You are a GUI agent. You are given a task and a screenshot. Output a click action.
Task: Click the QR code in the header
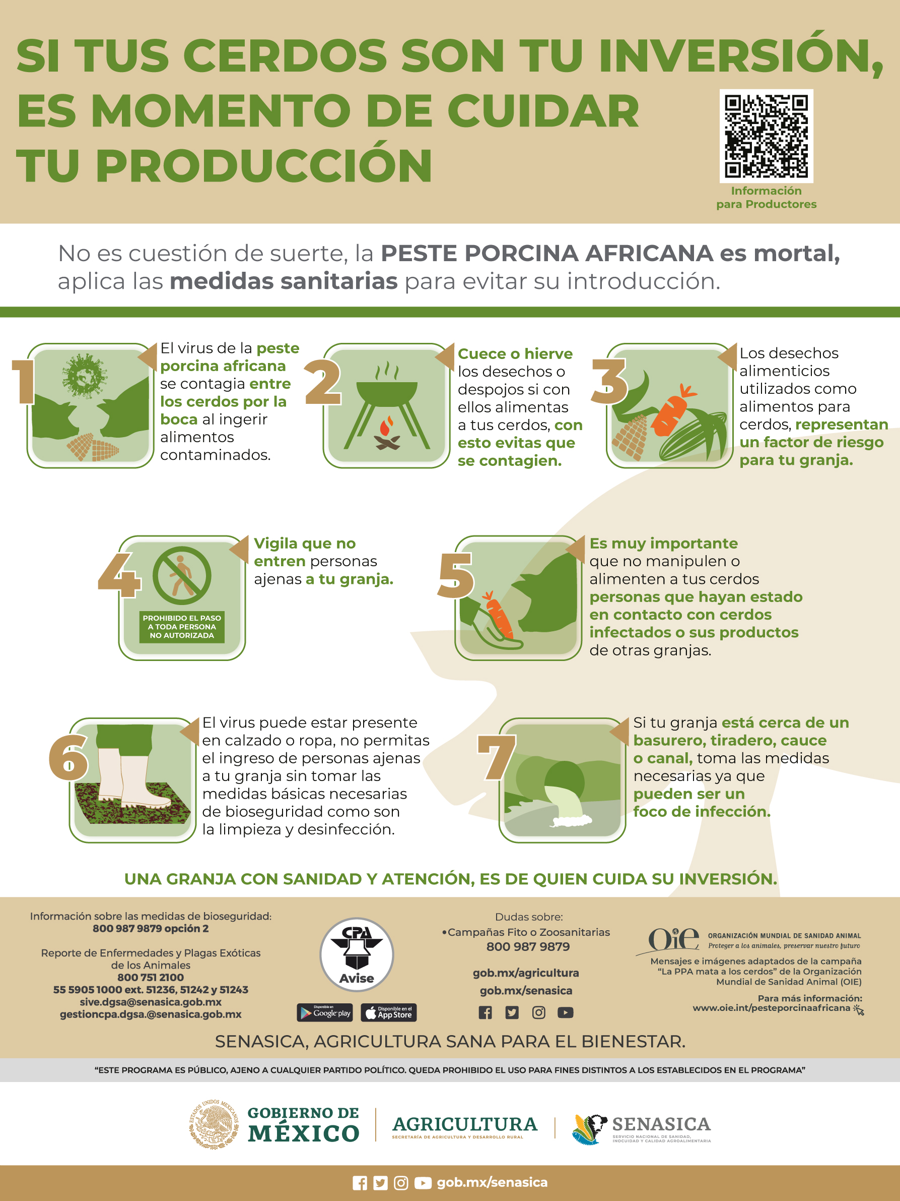click(766, 136)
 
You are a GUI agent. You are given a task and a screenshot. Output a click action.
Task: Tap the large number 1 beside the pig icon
click(23, 382)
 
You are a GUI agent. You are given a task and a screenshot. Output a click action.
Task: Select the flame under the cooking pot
click(386, 427)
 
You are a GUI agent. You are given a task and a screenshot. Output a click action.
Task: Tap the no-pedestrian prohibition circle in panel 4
click(182, 575)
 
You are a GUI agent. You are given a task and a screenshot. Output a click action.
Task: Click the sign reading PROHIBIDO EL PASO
click(182, 627)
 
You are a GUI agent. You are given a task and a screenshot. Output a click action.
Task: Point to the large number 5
click(455, 575)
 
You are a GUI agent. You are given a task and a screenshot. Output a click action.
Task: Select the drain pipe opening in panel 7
click(564, 782)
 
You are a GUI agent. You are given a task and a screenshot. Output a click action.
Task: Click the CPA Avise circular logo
click(357, 954)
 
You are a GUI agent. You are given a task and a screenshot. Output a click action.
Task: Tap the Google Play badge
click(324, 1012)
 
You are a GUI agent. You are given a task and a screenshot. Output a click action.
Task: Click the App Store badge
click(388, 1012)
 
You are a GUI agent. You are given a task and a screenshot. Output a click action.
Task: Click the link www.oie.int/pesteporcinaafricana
click(771, 1008)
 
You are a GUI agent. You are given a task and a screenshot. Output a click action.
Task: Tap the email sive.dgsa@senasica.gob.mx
click(150, 1002)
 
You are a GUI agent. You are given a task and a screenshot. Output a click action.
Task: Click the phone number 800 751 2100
click(150, 977)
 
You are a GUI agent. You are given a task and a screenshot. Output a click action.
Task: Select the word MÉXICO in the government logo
click(303, 1133)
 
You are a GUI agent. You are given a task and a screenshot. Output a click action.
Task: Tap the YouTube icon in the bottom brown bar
click(423, 1182)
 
